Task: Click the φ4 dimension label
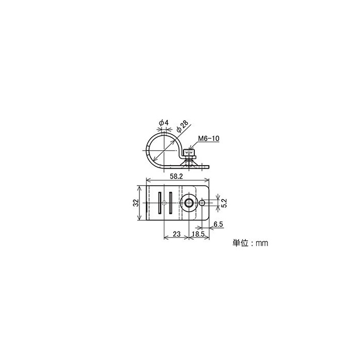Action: pyautogui.click(x=164, y=122)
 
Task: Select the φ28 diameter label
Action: pyautogui.click(x=183, y=126)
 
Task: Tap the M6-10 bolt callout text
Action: pyautogui.click(x=209, y=138)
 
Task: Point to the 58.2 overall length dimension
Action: pyautogui.click(x=176, y=176)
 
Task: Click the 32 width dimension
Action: pyautogui.click(x=136, y=203)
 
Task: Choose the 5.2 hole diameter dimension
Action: pyautogui.click(x=224, y=203)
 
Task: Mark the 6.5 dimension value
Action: pyautogui.click(x=218, y=224)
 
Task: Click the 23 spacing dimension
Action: pyautogui.click(x=176, y=234)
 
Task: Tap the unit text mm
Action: pyautogui.click(x=262, y=243)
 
